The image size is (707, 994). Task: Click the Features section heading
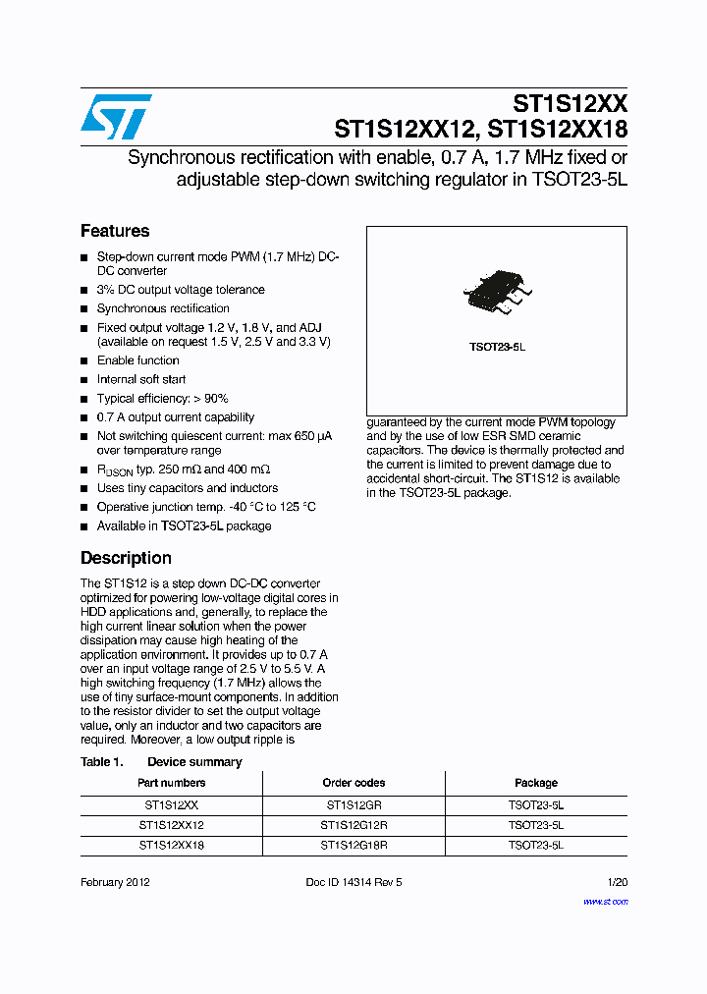[115, 231]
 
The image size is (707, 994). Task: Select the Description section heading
[126, 558]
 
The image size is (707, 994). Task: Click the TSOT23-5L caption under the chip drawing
[497, 348]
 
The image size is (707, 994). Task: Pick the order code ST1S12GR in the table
[353, 804]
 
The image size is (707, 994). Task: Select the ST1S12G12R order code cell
[353, 825]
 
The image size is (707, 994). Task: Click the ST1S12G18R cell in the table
[353, 845]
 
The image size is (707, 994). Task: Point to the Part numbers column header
[172, 783]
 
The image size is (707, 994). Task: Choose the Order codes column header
[353, 783]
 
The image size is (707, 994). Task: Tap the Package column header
[536, 783]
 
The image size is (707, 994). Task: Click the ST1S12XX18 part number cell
[172, 845]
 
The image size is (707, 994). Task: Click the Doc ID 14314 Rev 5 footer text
[353, 882]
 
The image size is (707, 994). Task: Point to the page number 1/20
[618, 882]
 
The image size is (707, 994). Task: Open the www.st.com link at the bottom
[605, 901]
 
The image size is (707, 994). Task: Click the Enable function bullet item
[137, 360]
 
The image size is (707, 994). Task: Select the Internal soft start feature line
[141, 379]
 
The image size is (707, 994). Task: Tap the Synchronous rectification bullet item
[163, 308]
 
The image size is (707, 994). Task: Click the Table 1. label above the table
[101, 762]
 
